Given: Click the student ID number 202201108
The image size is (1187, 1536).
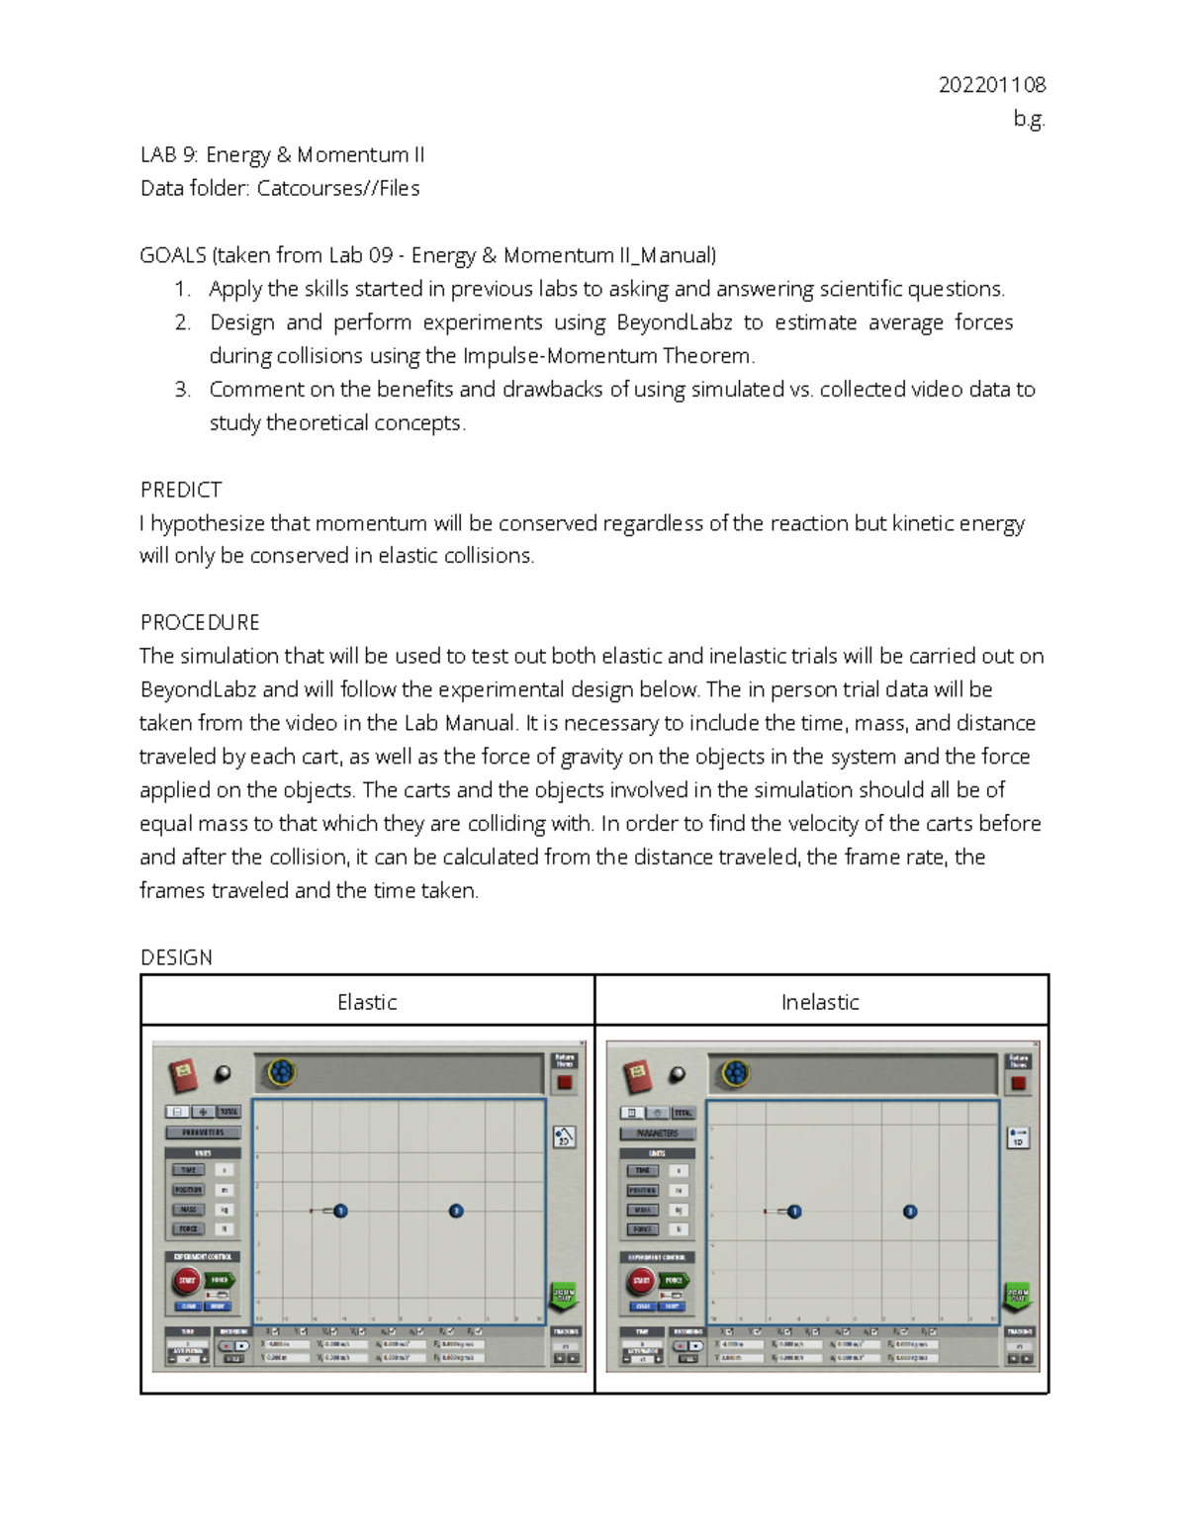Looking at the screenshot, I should click(x=991, y=85).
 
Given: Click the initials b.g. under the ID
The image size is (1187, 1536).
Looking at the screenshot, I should click(x=1029, y=120).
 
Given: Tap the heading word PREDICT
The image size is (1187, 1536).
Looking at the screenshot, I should click(x=181, y=490).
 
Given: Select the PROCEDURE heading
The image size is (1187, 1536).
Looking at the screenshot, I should click(x=200, y=622).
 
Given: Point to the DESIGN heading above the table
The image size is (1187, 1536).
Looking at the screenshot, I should click(x=176, y=957).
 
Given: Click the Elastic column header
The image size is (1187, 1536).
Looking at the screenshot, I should click(x=367, y=1002).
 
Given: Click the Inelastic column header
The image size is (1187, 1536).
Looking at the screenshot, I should click(x=820, y=1002).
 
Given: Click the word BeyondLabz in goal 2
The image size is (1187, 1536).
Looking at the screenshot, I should click(x=674, y=322).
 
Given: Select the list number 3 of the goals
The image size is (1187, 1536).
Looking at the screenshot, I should click(x=182, y=390).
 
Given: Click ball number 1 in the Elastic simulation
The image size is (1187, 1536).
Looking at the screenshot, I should click(x=340, y=1211).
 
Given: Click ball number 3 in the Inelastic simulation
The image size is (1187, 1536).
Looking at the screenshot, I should click(x=910, y=1212).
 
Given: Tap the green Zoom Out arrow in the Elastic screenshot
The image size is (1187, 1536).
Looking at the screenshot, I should click(x=563, y=1296).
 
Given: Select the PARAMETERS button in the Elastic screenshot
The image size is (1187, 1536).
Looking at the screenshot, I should click(x=203, y=1132).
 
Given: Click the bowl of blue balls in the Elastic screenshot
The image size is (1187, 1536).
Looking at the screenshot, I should click(x=282, y=1071).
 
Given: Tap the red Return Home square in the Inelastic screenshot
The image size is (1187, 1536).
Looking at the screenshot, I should click(x=1018, y=1083).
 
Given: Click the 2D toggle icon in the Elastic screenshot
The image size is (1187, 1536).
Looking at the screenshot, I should click(x=564, y=1137).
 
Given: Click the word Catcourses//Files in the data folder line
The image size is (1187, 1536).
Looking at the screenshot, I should click(x=338, y=188).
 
